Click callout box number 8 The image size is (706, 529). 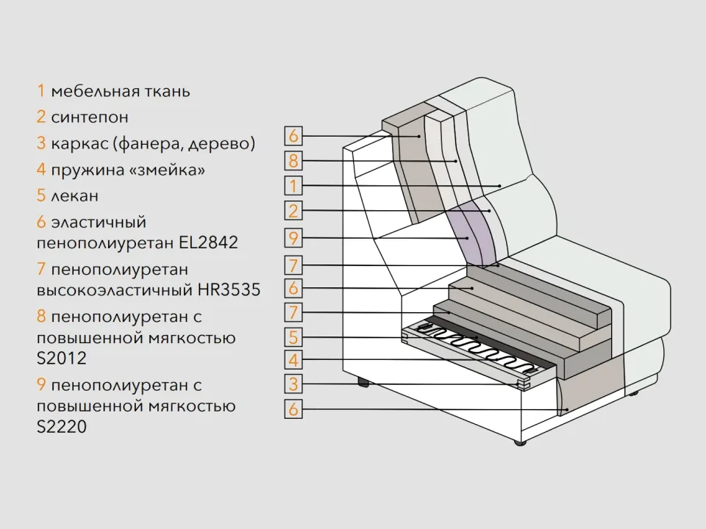[293, 161]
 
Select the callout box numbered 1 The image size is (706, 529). [293, 185]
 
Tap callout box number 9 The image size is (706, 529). [293, 237]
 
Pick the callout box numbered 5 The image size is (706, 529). [293, 337]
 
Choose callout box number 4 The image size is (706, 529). [293, 360]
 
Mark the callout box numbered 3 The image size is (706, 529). [293, 384]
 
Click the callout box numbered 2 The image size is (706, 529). [293, 211]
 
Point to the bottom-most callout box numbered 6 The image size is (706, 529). [293, 409]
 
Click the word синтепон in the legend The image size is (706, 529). [90, 118]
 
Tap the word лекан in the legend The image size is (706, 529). [75, 196]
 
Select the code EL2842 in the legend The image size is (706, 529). [208, 242]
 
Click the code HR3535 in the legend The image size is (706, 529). [229, 289]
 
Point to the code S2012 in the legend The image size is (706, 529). [61, 358]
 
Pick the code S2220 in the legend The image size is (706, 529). [61, 426]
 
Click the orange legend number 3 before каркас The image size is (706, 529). [41, 143]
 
